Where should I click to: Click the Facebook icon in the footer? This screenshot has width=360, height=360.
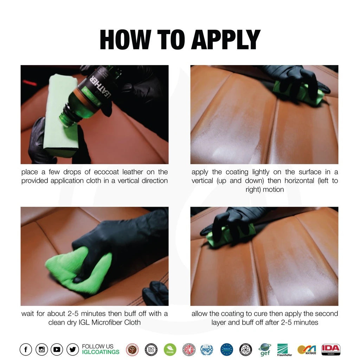tap(26, 349)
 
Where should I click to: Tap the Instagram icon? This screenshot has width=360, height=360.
tap(41, 349)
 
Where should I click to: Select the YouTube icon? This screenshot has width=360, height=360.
tap(57, 349)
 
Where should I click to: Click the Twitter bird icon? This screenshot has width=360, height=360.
tap(72, 349)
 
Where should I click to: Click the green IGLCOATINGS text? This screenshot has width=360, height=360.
tap(101, 352)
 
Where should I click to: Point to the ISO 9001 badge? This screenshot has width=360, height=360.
tap(151, 349)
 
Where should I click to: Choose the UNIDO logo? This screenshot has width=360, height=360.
tap(207, 349)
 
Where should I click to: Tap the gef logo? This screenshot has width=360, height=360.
tap(265, 349)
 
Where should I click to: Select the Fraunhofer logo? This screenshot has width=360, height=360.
tap(284, 349)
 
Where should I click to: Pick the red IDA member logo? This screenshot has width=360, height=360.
tap(330, 349)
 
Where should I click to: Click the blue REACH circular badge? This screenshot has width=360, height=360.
tap(227, 349)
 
